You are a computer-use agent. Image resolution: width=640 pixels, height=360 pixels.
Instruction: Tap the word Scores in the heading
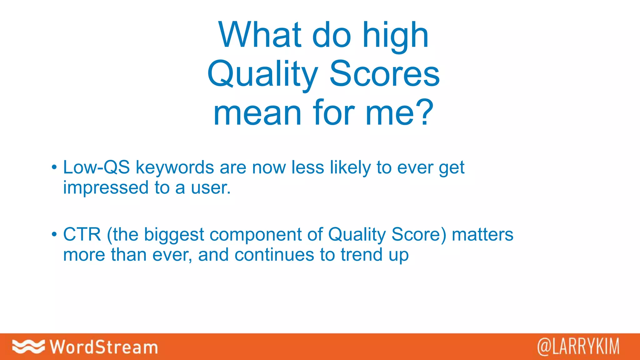[384, 74]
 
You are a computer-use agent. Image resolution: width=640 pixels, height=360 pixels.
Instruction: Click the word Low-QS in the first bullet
[96, 167]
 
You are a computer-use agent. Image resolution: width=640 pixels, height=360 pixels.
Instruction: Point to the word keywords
[175, 168]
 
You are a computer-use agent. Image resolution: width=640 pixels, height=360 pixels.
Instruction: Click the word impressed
[106, 188]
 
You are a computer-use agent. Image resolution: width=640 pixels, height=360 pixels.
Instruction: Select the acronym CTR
[82, 234]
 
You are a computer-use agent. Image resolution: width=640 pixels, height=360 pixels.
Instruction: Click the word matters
[482, 234]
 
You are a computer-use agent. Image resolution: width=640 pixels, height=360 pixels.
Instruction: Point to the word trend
[361, 255]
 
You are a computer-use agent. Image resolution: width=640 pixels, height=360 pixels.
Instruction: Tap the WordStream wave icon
[28, 347]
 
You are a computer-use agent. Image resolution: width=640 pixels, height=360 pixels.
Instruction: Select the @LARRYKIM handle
[578, 347]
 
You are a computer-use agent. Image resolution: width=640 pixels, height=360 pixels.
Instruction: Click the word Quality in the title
[262, 74]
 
